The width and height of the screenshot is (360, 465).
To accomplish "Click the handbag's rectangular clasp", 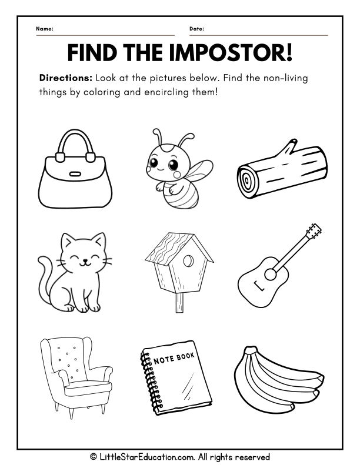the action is [x=75, y=173].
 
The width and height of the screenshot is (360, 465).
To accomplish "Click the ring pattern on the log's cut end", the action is [x=247, y=180].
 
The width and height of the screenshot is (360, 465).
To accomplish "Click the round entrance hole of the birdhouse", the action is [x=188, y=262].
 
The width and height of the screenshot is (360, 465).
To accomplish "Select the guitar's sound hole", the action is [x=270, y=274].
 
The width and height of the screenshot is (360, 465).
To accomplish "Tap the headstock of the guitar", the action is [x=314, y=231].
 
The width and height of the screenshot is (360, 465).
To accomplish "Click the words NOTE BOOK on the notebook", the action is [x=174, y=358].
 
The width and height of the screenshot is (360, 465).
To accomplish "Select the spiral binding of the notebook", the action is [x=151, y=380].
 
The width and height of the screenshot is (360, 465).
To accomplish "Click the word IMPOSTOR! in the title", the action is [x=231, y=52].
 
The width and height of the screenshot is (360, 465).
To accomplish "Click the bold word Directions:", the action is [x=66, y=78].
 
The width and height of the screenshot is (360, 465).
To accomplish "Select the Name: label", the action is [x=45, y=29].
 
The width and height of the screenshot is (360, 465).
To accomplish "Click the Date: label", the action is [x=197, y=29].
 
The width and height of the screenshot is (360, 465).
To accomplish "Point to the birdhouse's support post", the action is [x=179, y=303].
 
